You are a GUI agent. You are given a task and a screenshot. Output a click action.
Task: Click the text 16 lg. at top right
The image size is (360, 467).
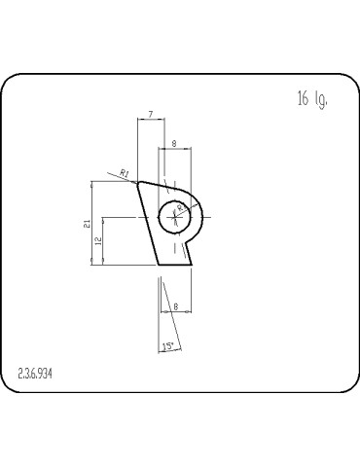point(311,99)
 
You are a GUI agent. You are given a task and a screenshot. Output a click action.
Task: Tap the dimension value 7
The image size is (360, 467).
point(150,115)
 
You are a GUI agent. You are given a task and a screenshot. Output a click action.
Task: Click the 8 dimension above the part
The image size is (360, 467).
point(173,143)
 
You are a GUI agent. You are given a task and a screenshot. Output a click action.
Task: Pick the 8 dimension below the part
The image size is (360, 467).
point(175,307)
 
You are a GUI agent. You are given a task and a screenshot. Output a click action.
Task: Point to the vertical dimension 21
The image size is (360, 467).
point(88,223)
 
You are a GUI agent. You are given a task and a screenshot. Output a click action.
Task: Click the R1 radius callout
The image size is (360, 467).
point(124,172)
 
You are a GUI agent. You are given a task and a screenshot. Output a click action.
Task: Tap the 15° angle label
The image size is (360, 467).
point(167,346)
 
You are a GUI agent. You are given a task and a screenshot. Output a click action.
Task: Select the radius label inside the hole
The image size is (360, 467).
point(180,207)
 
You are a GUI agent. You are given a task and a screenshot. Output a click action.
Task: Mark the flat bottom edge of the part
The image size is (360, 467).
point(173,263)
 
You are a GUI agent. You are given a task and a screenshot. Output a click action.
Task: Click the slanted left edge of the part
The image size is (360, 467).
point(148,223)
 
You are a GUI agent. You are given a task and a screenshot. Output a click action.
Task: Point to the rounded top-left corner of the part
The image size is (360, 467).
point(140,182)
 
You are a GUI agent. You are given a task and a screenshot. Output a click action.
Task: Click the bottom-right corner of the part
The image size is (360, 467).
point(190,263)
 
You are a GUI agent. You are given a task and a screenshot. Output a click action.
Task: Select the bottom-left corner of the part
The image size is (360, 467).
point(159,263)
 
